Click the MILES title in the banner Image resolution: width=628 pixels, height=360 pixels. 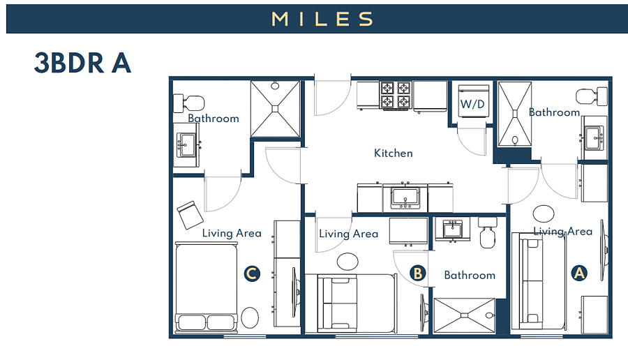click(322, 19)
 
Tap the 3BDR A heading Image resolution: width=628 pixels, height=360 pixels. click(82, 63)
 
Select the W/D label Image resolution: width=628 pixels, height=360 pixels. click(472, 104)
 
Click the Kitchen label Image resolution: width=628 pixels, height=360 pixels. click(394, 153)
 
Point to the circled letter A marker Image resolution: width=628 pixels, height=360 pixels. click(579, 273)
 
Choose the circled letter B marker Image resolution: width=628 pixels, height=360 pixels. click(418, 273)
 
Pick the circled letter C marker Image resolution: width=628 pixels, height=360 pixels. click(252, 273)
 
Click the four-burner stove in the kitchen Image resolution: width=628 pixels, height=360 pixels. click(396, 96)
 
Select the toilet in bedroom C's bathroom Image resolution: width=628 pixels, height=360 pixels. click(188, 103)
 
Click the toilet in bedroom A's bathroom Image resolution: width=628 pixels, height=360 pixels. click(592, 96)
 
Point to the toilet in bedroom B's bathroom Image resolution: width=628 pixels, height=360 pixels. click(488, 232)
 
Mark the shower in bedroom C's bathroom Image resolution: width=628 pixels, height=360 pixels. click(275, 109)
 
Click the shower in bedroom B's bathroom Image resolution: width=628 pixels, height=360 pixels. click(465, 315)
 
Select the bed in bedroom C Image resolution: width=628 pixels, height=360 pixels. click(207, 287)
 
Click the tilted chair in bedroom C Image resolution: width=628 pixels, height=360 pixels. click(190, 215)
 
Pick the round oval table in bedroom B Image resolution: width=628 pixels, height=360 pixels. click(347, 262)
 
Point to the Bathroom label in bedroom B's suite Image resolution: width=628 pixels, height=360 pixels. click(470, 275)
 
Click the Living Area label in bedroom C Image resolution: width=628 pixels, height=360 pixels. click(232, 233)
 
